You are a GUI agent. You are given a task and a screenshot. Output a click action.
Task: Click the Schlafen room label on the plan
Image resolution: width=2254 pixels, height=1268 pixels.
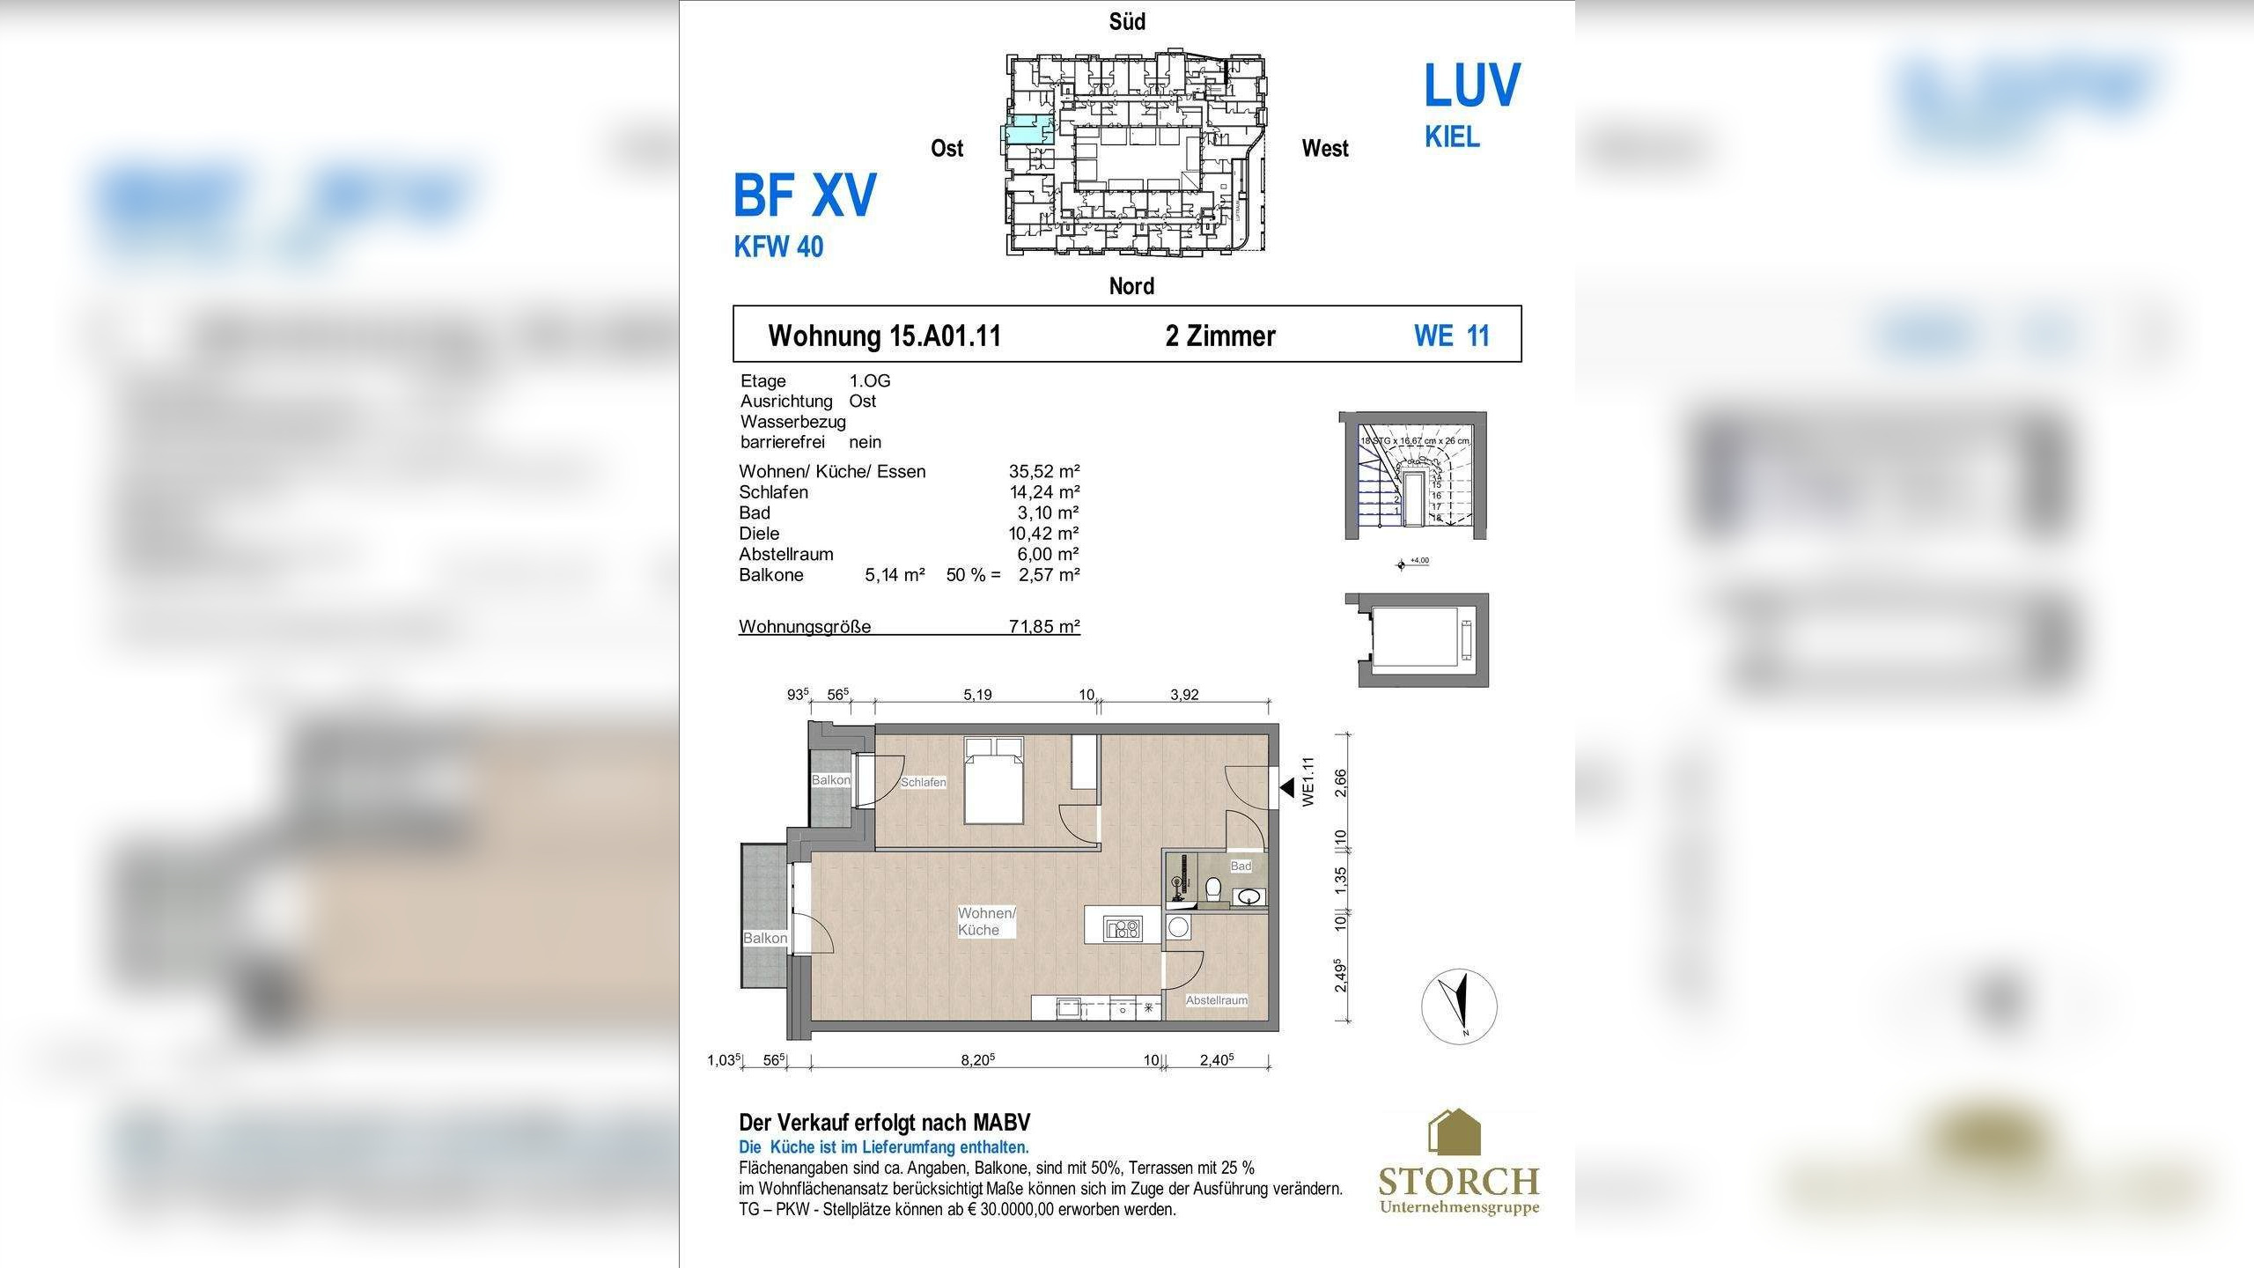coord(923,782)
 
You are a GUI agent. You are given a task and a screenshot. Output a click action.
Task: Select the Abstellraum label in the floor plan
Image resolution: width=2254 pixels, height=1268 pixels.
coord(1216,1000)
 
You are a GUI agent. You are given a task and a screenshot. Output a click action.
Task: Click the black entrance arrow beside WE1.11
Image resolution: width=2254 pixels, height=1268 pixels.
coord(1287,788)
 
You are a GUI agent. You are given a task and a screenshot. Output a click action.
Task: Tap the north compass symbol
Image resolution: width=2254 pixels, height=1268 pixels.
coord(1459,1006)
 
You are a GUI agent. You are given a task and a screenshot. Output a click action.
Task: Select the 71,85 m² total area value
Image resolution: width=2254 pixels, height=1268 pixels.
coord(1044,627)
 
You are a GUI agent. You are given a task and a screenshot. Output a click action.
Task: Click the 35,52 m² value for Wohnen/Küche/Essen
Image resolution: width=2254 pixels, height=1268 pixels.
coord(1044,471)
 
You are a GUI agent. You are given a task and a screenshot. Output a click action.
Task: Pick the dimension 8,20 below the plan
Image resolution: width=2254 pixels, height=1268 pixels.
coord(977,1060)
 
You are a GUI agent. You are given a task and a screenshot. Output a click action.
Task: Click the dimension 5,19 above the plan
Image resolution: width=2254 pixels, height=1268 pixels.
coord(977,695)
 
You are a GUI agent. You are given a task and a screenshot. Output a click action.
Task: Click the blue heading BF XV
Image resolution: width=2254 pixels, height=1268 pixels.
coord(805,195)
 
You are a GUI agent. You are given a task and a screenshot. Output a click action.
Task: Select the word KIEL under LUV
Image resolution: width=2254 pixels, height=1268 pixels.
coord(1452,137)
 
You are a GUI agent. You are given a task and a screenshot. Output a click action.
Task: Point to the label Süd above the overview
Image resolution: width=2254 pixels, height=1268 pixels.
coord(1127,22)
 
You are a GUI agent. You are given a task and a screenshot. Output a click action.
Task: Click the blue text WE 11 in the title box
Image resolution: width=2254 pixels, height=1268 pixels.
coord(1451,335)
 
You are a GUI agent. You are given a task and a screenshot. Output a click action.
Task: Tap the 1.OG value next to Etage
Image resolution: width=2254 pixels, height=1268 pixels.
coord(869,381)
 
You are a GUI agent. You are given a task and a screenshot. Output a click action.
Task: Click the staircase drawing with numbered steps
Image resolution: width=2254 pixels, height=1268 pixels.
coord(1414,475)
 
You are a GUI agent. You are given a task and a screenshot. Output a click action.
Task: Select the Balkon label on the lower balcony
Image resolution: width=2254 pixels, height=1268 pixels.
coord(764,938)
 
